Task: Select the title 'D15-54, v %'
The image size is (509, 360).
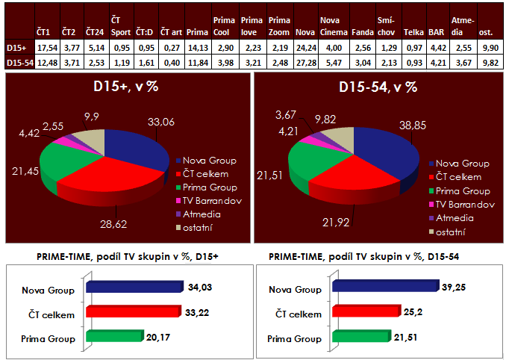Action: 378,86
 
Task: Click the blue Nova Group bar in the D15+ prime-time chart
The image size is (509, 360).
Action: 135,288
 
